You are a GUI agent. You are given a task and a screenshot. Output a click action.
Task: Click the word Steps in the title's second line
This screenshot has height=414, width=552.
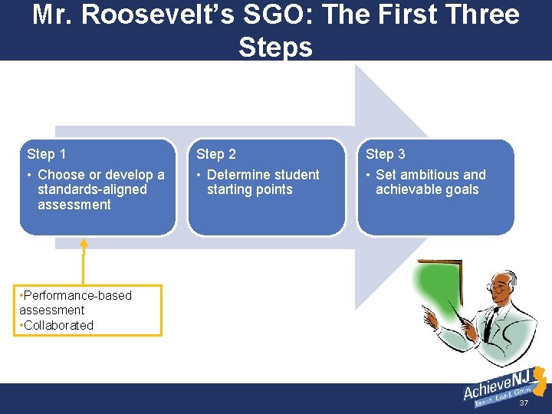point(275,47)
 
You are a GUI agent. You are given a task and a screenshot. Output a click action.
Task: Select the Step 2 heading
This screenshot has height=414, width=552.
point(216,154)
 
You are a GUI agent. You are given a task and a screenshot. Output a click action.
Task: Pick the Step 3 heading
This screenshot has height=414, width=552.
point(385,154)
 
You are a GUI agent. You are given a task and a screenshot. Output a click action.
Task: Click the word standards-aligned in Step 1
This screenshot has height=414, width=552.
point(91,189)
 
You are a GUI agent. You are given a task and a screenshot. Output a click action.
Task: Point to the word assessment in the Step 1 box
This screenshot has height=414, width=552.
point(74,205)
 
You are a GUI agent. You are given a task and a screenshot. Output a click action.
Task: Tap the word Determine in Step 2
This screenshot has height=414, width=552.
point(236,175)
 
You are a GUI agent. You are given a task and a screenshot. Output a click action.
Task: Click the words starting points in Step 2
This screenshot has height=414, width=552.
point(249,189)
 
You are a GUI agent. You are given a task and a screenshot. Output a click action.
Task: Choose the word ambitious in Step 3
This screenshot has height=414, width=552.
point(430,175)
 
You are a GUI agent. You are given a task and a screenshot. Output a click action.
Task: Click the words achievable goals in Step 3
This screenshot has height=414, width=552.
point(426,189)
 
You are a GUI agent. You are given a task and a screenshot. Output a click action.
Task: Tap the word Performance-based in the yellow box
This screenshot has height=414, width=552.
point(77,295)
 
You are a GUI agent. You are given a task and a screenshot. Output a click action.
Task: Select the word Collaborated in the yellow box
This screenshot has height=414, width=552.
point(58,325)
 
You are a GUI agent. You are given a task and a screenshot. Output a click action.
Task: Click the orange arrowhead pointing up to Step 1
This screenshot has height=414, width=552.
point(84,244)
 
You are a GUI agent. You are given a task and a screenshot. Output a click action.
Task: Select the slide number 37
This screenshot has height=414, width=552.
point(524,403)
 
